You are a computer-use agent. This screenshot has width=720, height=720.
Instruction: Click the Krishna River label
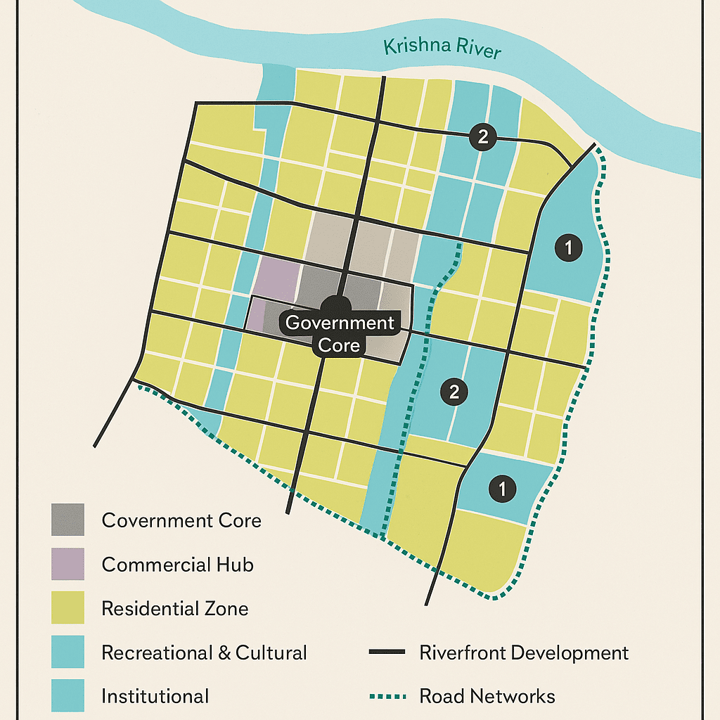pyautogui.click(x=442, y=49)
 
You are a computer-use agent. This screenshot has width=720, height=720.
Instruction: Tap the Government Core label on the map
pyautogui.click(x=340, y=333)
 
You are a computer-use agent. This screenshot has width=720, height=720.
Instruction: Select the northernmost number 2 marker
pyautogui.click(x=482, y=137)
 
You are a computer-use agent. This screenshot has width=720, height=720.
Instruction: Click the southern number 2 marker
pyautogui.click(x=454, y=392)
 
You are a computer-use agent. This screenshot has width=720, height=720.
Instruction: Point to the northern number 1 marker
pyautogui.click(x=569, y=247)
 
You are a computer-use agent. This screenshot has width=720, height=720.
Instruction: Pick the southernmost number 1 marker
pyautogui.click(x=501, y=487)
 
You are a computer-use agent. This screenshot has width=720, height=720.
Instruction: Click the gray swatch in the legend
pyautogui.click(x=67, y=520)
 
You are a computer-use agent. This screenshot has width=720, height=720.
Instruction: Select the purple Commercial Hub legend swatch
pyautogui.click(x=67, y=564)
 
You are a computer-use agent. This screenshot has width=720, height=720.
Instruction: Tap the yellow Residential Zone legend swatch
pyautogui.click(x=67, y=607)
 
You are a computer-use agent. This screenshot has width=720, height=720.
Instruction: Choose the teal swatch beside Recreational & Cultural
pyautogui.click(x=67, y=652)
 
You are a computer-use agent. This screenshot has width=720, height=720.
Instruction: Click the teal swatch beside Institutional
pyautogui.click(x=67, y=695)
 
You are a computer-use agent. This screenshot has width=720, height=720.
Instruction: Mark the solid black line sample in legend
pyautogui.click(x=387, y=652)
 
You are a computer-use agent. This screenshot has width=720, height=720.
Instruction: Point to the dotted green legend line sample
pyautogui.click(x=387, y=696)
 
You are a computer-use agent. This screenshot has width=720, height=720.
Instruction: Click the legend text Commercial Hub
pyautogui.click(x=177, y=564)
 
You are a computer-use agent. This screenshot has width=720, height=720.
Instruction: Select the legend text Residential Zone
pyautogui.click(x=174, y=608)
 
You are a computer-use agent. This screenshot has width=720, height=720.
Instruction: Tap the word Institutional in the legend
pyautogui.click(x=155, y=696)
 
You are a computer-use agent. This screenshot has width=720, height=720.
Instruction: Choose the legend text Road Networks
pyautogui.click(x=487, y=696)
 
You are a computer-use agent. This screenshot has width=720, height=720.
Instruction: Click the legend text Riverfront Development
pyautogui.click(x=523, y=652)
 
